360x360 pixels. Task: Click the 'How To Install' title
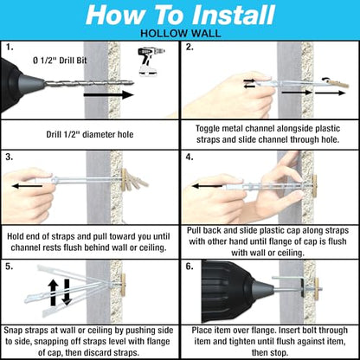179,15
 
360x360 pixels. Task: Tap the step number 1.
8,48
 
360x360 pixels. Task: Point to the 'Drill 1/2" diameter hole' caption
90,134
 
